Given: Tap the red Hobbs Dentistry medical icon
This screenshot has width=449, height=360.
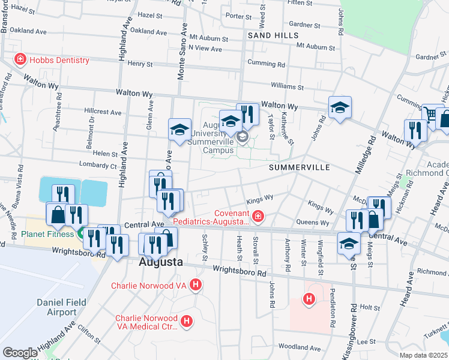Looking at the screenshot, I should pos(20,60).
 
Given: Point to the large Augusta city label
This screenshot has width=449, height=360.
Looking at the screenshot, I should pos(161,262).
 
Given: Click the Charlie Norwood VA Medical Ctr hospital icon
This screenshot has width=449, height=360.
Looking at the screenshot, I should pos(187,322).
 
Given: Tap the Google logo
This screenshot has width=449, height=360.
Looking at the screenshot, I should pos(20,352).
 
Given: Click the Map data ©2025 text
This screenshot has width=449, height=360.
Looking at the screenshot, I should pos(423,356).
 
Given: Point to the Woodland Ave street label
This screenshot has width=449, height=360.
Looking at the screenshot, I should pos(300,347).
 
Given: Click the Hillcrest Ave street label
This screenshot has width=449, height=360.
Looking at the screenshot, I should pos(103,112).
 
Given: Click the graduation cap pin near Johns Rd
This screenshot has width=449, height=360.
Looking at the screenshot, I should pos(340,108).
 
